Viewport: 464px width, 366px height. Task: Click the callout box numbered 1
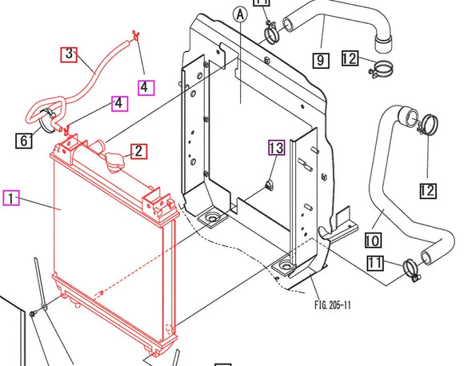coord(11,197)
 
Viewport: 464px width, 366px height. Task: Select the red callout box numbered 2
coord(138,151)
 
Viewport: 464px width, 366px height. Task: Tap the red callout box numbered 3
coord(69,54)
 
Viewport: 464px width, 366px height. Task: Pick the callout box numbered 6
coord(24,141)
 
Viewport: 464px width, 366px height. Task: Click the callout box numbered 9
coord(321,60)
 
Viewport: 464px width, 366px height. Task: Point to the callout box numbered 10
coord(373,240)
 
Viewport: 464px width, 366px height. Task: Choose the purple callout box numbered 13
coord(277,147)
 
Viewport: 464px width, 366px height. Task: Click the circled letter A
coord(240,14)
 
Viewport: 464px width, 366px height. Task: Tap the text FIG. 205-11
coord(333,305)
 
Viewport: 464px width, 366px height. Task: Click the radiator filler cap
coord(114,162)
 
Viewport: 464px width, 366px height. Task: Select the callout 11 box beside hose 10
coord(375,263)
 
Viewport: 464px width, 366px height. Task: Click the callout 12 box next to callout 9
coord(350,58)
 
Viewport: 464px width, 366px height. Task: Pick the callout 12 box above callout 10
coord(428,191)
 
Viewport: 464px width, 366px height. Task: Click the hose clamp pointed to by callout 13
coord(270,185)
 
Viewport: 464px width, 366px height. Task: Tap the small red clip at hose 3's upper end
coord(135,35)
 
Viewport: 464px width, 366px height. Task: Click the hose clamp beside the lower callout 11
coord(411,270)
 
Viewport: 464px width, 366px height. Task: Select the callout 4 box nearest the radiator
coord(119,103)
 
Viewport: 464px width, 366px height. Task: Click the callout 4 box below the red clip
coord(146,88)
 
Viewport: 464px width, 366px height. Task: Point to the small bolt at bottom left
coord(33,312)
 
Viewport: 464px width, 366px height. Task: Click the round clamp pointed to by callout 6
coord(48,120)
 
